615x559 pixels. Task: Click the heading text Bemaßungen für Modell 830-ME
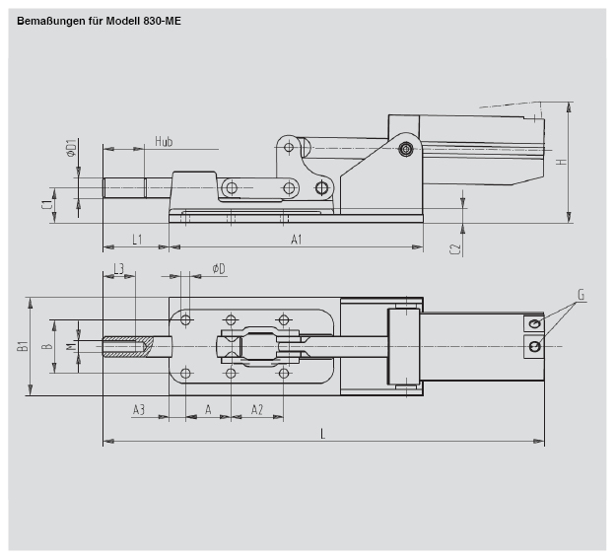(x=99, y=19)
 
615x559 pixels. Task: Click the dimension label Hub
(x=164, y=142)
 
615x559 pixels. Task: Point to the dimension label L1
(x=136, y=240)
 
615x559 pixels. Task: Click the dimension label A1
(x=296, y=240)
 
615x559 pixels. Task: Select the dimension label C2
(x=455, y=249)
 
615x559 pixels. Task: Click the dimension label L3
(x=118, y=268)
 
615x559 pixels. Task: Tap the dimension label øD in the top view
(x=218, y=268)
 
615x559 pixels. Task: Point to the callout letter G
(x=581, y=295)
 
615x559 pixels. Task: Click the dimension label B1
(x=23, y=346)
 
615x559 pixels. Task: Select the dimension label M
(x=70, y=346)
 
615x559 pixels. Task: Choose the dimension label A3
(x=139, y=409)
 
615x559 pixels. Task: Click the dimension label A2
(x=256, y=409)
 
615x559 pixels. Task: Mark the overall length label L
(x=322, y=434)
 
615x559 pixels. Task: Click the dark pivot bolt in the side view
(x=405, y=149)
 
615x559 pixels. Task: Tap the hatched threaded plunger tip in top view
(x=126, y=346)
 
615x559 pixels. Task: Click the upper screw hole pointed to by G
(x=534, y=324)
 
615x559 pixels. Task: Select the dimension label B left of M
(x=46, y=346)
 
